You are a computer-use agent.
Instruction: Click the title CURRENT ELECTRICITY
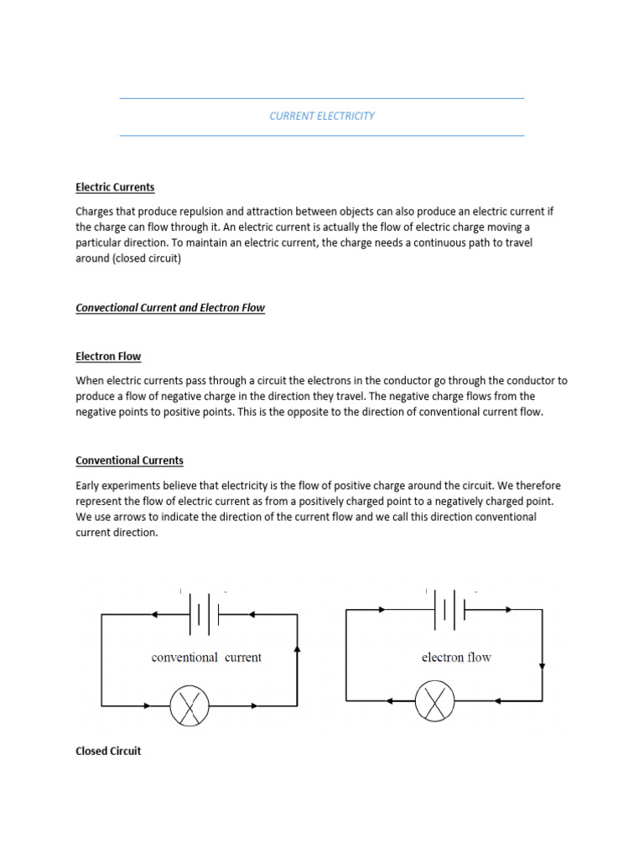tap(322, 117)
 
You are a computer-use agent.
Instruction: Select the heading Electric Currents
tap(115, 187)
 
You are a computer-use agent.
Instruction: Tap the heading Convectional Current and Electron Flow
tap(170, 308)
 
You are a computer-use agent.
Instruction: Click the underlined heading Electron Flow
tap(108, 357)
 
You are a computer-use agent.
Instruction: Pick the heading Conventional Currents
tap(129, 461)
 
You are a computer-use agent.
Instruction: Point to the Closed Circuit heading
tap(108, 751)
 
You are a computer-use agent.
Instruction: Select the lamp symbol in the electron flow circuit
tap(435, 700)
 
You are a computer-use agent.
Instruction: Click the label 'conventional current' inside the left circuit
tap(206, 658)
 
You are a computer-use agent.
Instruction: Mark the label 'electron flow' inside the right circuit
tap(456, 658)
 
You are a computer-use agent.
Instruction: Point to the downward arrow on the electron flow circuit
tap(542, 667)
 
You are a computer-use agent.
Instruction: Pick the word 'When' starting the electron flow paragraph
tap(90, 381)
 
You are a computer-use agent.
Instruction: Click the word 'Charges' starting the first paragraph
tap(95, 211)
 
